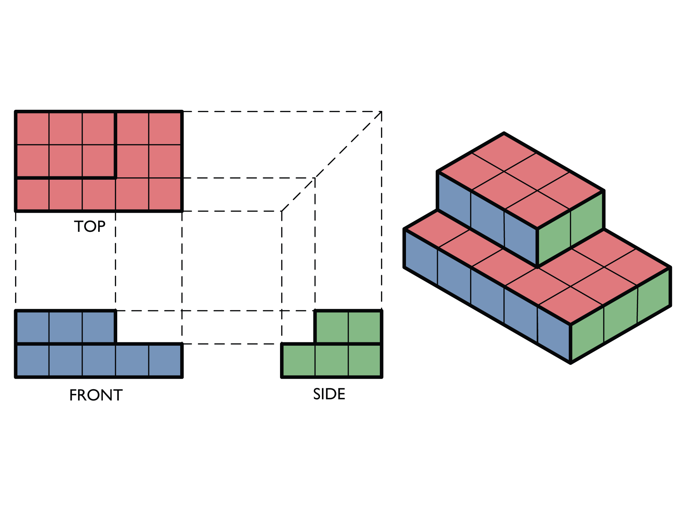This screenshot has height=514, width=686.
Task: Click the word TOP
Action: click(90, 227)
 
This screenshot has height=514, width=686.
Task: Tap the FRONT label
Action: click(96, 395)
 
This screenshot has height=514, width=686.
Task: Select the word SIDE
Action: click(329, 394)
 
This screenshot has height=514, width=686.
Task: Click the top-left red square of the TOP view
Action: click(33, 129)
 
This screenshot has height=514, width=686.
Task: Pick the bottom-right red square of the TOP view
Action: click(165, 194)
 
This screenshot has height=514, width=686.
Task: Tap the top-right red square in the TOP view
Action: click(165, 129)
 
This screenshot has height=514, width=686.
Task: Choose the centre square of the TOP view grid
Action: click(99, 161)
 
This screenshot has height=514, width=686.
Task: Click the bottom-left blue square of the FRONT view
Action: click(33, 360)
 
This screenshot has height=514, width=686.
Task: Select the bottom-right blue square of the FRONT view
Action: click(165, 360)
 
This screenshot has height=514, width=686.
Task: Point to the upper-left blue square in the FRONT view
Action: click(33, 327)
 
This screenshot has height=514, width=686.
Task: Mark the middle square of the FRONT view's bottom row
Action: click(99, 360)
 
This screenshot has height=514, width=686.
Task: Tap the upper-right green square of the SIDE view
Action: click(364, 327)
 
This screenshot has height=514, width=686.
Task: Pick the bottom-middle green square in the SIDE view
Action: click(332, 360)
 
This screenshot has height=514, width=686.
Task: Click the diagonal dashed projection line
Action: click(332, 161)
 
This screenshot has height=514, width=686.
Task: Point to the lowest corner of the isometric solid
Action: click(570, 363)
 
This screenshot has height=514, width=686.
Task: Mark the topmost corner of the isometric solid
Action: click(504, 133)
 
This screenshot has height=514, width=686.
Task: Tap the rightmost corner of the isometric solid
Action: click(670, 268)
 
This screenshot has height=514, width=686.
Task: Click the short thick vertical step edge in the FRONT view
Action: click(115, 327)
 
